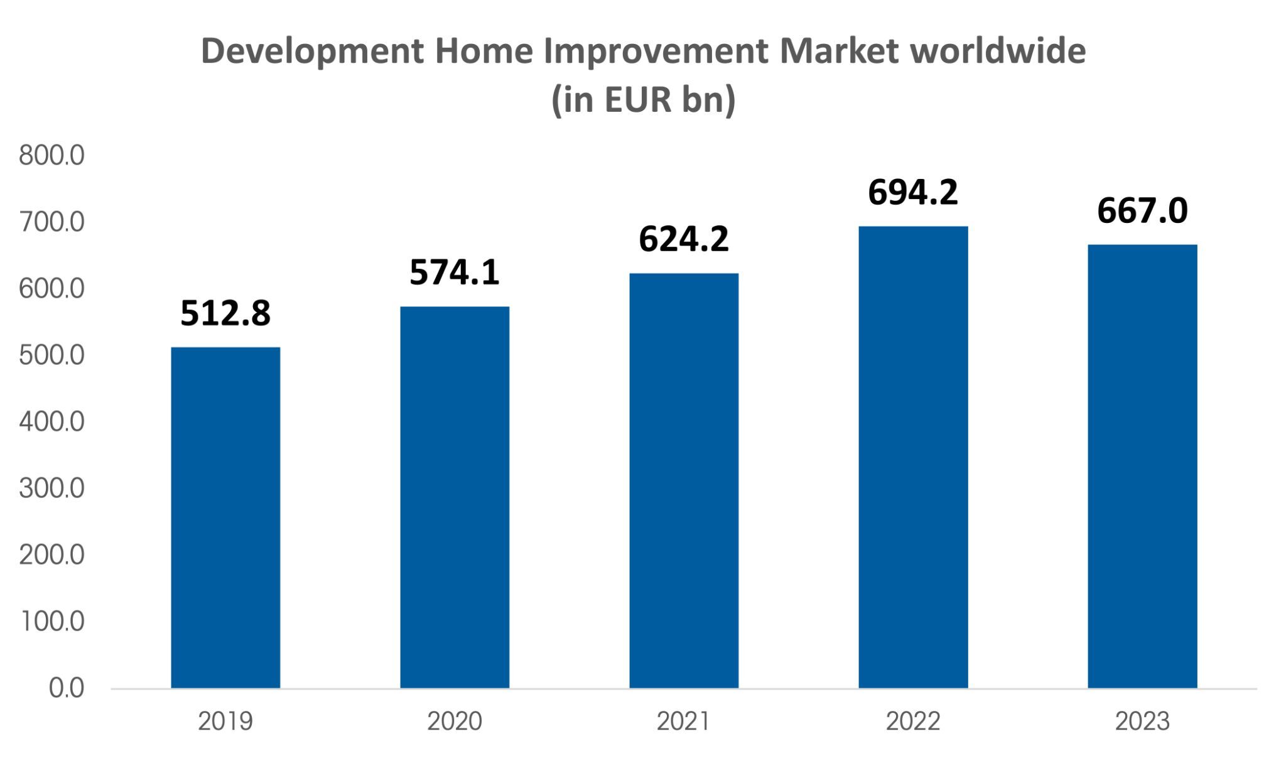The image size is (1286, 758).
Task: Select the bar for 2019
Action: click(225, 517)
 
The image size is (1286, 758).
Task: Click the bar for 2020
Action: click(455, 497)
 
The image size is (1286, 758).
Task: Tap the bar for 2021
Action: click(684, 480)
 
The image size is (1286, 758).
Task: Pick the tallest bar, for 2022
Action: click(913, 457)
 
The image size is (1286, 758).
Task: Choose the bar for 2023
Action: click(1142, 466)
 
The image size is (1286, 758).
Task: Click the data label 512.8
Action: click(225, 313)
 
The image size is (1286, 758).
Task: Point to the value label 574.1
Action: click(455, 273)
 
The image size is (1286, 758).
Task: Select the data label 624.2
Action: click(684, 239)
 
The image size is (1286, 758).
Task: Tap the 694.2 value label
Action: click(913, 193)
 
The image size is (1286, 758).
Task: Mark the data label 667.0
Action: click(1142, 211)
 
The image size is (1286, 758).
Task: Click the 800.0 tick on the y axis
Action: click(51, 156)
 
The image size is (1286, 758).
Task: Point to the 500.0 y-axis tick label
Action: click(51, 355)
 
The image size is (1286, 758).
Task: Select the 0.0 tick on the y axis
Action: click(67, 688)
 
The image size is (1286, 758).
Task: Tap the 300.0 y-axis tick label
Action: click(51, 489)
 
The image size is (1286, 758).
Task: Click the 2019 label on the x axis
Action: click(225, 722)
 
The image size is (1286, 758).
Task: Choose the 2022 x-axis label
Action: click(913, 722)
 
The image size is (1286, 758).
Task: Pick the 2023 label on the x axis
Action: click(1142, 722)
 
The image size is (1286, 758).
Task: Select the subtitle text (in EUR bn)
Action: click(643, 100)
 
